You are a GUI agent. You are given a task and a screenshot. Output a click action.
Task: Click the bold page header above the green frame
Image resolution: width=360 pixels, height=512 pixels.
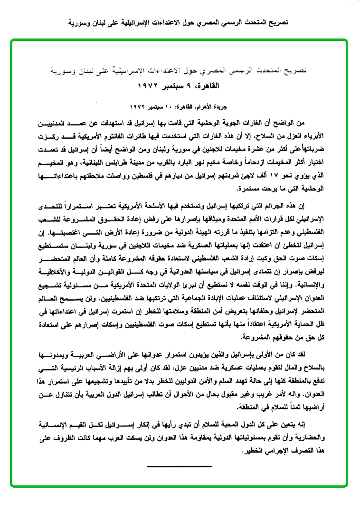tap(180, 22)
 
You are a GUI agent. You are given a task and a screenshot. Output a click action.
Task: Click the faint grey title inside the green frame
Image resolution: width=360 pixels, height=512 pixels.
tap(179, 73)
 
